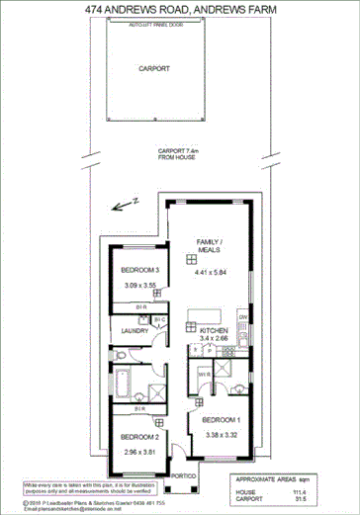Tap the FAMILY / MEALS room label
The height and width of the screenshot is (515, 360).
click(x=210, y=246)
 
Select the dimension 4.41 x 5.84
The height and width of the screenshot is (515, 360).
click(x=210, y=271)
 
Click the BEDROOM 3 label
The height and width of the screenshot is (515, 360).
click(x=139, y=270)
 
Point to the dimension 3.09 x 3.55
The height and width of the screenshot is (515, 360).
click(x=139, y=286)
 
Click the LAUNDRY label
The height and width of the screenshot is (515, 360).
click(x=135, y=331)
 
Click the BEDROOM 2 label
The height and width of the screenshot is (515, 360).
click(x=139, y=437)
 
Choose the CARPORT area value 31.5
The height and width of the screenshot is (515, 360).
click(x=313, y=499)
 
